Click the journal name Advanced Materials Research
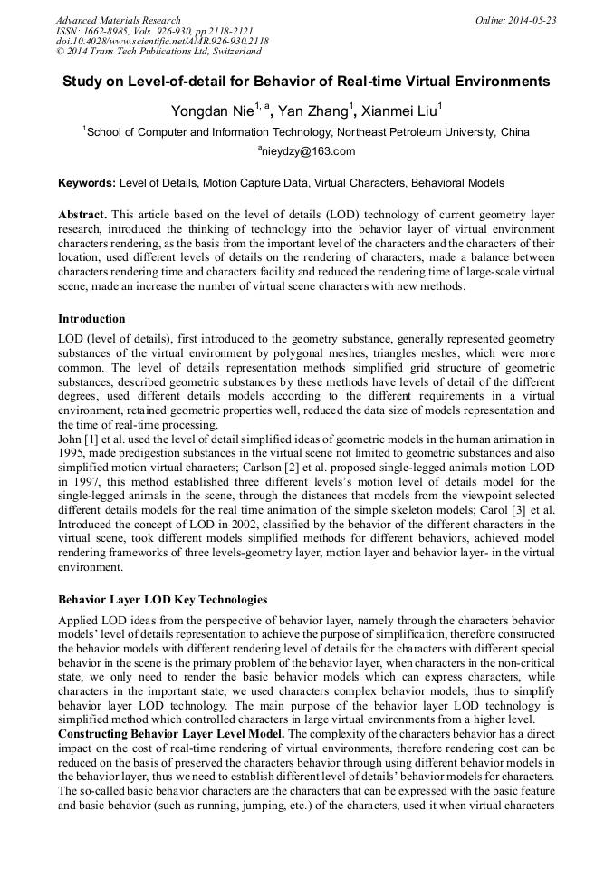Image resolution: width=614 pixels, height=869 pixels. click(x=118, y=20)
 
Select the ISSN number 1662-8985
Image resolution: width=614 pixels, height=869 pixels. click(x=104, y=31)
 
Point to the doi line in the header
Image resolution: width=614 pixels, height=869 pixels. click(x=162, y=42)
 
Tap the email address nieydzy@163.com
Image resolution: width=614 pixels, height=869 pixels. click(x=309, y=151)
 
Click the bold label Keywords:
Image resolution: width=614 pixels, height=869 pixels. click(x=87, y=183)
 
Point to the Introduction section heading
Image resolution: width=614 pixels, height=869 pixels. click(x=91, y=319)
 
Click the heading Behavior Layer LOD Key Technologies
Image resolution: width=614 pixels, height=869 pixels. click(x=163, y=600)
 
